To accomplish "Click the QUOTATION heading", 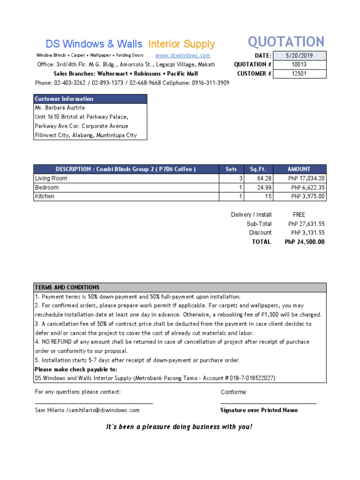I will (x=286, y=42).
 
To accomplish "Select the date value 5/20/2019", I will (x=300, y=56).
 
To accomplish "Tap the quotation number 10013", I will (x=300, y=65).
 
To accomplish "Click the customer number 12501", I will (x=300, y=74).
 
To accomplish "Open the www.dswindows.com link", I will (x=182, y=55).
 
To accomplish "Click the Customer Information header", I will (x=64, y=99).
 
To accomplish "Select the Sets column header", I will (x=231, y=169).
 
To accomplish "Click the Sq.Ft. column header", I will (x=258, y=169).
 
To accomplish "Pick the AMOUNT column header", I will (x=299, y=169).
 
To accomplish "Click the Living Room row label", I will (x=51, y=179).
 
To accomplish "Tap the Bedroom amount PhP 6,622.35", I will (x=307, y=187).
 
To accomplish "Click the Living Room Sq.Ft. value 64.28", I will (x=264, y=179).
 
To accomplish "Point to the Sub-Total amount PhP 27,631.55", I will (x=306, y=224).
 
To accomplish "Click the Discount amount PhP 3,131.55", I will (x=307, y=233).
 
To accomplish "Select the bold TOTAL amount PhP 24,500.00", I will (x=304, y=242).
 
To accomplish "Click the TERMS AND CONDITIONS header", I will (x=67, y=287).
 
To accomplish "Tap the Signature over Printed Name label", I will (x=259, y=410).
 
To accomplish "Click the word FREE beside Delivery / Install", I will (x=299, y=215).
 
